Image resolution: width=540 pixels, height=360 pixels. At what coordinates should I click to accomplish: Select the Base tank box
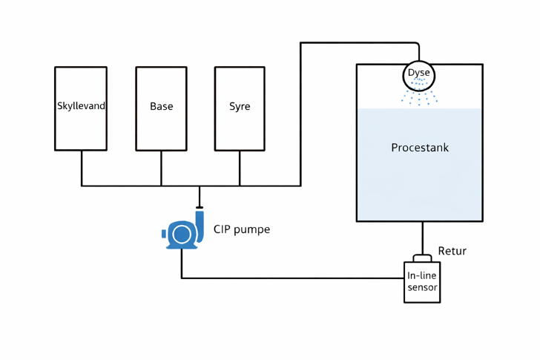coord(161,126)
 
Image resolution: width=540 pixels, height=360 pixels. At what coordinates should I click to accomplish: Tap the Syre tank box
coord(240,126)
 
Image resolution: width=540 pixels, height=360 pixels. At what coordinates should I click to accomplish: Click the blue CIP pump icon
coord(182,232)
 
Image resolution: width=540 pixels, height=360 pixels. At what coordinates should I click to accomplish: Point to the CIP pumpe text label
coord(242,229)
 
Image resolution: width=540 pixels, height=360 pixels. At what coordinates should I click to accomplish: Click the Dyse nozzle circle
coord(419,75)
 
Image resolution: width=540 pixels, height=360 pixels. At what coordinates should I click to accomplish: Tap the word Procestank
coord(420,148)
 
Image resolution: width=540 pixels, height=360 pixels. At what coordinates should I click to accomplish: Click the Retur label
coord(452,251)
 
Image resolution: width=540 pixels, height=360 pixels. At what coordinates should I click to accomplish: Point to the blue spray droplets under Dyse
coord(419,96)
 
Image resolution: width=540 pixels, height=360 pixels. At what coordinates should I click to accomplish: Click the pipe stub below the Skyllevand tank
coord(82,168)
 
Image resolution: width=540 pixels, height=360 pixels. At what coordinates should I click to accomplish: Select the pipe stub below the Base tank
coord(161,168)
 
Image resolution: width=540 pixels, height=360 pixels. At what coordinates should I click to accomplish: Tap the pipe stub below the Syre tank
coord(240,168)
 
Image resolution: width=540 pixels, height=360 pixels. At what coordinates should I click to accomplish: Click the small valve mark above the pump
coord(200,207)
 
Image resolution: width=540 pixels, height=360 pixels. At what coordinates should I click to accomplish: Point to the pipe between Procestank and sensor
coord(423,238)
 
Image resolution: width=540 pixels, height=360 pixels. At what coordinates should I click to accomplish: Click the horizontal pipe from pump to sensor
coord(297,278)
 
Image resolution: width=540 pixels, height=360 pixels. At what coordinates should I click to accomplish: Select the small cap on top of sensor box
coord(422,258)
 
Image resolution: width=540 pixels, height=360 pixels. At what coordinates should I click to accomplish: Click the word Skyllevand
coord(81,106)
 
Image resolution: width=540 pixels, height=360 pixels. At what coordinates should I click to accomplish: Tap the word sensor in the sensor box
coord(422,288)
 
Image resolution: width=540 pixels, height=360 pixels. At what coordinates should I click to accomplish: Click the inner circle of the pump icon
coord(181,235)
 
